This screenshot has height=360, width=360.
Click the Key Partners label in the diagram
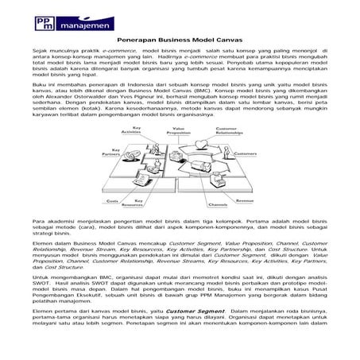pos(102,150)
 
